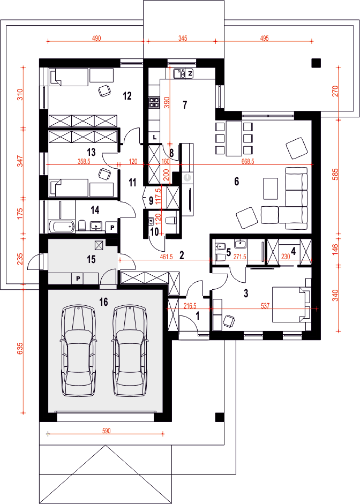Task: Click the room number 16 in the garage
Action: [x=103, y=302]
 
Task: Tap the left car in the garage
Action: [x=78, y=351]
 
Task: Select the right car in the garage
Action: [x=130, y=351]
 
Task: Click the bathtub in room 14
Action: [x=62, y=226]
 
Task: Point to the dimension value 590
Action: [x=107, y=431]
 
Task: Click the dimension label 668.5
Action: [x=248, y=161]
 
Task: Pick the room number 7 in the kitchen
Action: [x=184, y=105]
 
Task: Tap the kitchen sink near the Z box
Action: [x=179, y=73]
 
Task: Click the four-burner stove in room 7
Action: [x=154, y=102]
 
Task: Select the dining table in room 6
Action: [x=234, y=138]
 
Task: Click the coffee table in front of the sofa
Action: [x=271, y=189]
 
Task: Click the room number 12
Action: [x=127, y=95]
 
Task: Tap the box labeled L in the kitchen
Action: [x=155, y=137]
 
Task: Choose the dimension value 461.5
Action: [x=166, y=257]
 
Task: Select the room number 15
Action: [x=91, y=259]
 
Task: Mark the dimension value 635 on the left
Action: [x=20, y=349]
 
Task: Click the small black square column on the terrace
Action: [x=316, y=63]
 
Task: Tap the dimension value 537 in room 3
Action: [x=265, y=306]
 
